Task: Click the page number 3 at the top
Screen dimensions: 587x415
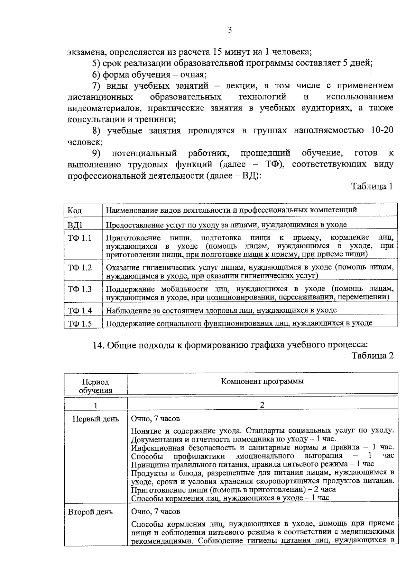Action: click(230, 30)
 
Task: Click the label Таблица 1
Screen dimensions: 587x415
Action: click(372, 187)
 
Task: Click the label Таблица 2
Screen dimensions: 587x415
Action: click(372, 356)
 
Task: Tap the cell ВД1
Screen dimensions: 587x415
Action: click(75, 225)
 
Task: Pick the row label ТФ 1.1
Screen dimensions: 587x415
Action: click(80, 238)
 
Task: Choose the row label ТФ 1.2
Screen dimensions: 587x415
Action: click(80, 268)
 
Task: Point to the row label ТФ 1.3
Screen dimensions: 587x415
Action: click(80, 289)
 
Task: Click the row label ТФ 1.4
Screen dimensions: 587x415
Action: click(80, 311)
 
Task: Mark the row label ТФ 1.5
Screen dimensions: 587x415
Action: click(80, 324)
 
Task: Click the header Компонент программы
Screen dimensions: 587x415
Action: click(262, 382)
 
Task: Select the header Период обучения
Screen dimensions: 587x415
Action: click(95, 386)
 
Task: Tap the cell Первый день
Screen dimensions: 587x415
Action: click(95, 419)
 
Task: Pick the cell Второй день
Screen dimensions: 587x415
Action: click(90, 512)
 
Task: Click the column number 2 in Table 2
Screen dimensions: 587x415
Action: click(262, 405)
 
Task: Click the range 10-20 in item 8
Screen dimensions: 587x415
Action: click(381, 131)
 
